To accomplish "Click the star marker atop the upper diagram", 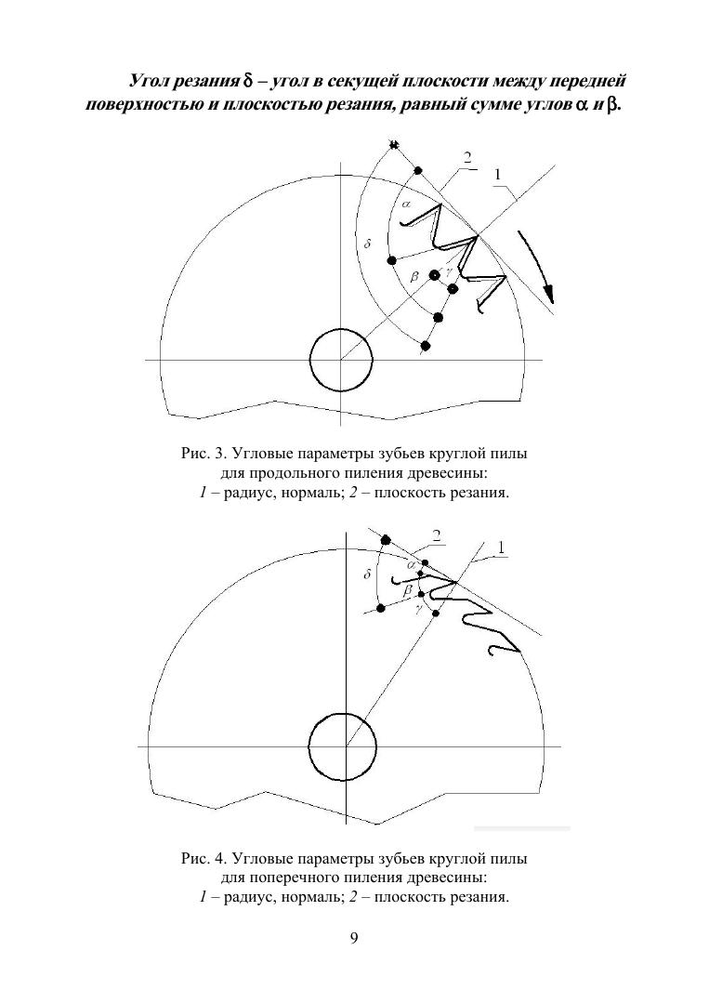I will pos(394,144).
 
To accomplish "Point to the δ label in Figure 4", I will pos(367,575).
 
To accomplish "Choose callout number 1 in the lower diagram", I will pos(502,548).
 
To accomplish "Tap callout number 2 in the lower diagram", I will pos(435,534).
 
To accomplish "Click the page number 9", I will pos(354,938).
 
